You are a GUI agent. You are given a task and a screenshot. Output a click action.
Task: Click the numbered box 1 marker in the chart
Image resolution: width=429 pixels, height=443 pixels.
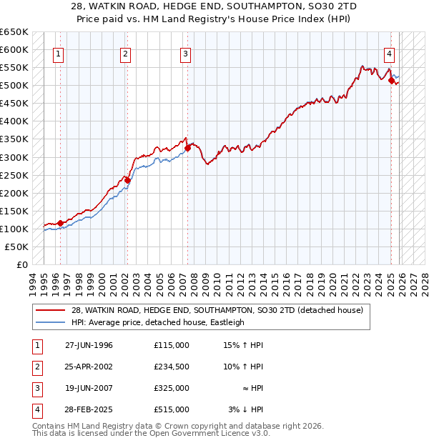[x=58, y=53]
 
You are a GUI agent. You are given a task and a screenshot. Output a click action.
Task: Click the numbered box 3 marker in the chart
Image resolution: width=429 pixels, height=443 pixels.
[x=185, y=53]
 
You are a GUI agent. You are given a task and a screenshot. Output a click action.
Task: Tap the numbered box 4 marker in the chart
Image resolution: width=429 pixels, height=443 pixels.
[x=390, y=53]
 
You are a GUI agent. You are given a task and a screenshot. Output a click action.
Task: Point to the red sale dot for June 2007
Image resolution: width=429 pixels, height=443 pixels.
[x=187, y=148]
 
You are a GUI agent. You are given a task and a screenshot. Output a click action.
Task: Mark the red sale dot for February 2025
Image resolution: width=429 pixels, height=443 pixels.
[x=391, y=81]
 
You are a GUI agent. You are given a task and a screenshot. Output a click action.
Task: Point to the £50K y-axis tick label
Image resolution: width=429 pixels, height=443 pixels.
[x=17, y=247]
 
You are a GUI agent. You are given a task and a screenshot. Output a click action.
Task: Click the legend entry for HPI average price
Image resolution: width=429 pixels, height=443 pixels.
[x=157, y=322]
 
